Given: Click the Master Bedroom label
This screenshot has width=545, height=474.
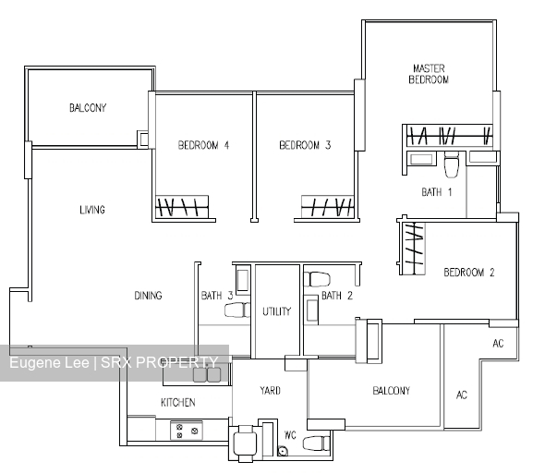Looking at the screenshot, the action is tap(429, 74).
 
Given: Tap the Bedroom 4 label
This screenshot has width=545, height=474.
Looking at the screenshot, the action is tap(203, 145).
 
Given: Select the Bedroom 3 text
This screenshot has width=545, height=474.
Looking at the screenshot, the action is tap(305, 145).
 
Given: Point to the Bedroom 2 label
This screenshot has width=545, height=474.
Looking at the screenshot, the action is tap(469, 273).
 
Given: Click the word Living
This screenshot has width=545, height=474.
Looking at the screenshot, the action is tap(92, 210).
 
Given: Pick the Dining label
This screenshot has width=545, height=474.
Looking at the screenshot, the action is tap(148, 296).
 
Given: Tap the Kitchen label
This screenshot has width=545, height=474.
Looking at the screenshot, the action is tap(178, 403).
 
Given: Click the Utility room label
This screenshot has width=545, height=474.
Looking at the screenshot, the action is tap(277, 311).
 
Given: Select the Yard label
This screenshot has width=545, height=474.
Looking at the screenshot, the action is tap(270, 391).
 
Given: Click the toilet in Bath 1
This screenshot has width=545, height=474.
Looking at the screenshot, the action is tap(452, 165).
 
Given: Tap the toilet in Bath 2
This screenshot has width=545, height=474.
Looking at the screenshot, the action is tap(317, 279).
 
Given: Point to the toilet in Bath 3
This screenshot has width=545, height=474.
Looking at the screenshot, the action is tap(237, 310).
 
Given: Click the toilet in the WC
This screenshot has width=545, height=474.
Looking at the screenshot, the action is tap(316, 444).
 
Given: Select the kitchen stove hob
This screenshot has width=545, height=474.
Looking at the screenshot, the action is tap(187, 431).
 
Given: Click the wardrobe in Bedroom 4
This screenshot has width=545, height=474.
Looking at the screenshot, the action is tap(182, 207).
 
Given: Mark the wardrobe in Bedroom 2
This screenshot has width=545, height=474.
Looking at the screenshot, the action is tap(412, 248).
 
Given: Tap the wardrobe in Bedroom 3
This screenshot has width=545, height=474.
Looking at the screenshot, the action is tap(328, 207).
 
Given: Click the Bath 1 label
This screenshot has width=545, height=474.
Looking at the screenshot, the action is tap(437, 192).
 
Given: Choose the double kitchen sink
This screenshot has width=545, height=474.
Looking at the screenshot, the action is tap(207, 374).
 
